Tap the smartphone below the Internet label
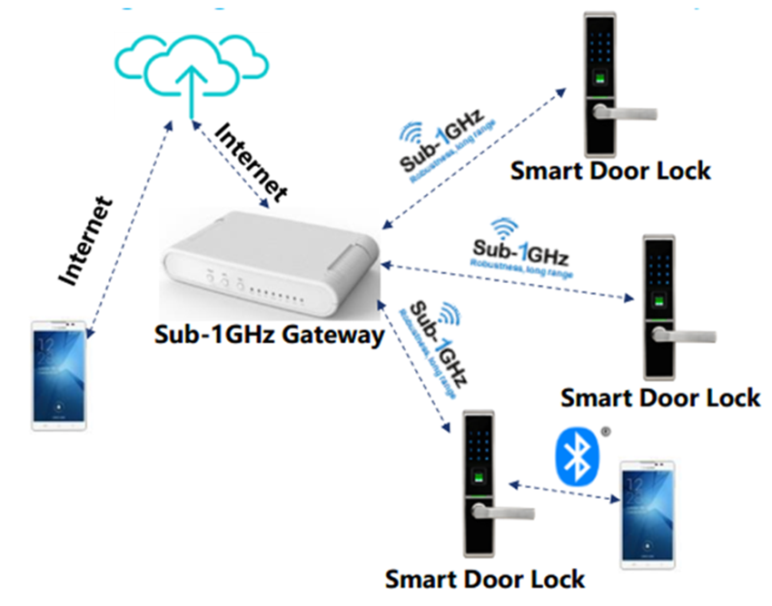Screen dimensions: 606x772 (60, 375)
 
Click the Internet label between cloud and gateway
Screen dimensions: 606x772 (251, 161)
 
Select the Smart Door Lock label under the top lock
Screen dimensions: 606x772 (610, 170)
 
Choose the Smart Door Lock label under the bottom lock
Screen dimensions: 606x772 (485, 579)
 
